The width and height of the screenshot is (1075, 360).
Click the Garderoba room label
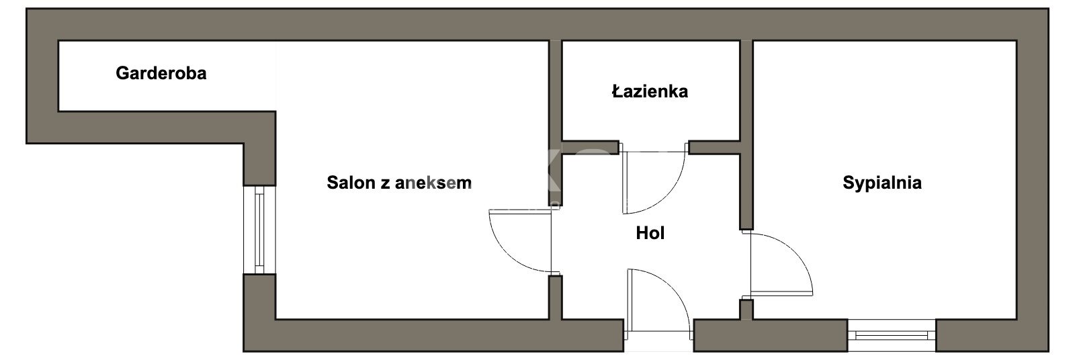161,73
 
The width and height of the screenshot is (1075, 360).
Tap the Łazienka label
650,91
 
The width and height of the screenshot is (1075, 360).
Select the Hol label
650,233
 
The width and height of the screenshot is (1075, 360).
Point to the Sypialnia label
882,183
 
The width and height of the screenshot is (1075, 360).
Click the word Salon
350,183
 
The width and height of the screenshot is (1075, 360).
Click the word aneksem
433,183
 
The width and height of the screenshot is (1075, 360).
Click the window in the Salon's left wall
259,230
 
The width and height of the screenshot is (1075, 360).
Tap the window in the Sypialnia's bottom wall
892,335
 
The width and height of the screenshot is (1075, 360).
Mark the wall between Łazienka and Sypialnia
746,134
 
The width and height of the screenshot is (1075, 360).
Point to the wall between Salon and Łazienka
555,123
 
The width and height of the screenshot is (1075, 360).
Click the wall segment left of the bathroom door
590,147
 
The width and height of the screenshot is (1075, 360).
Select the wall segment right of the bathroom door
715,147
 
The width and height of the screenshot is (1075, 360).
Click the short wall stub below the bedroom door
746,310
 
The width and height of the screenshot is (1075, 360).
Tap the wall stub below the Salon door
555,298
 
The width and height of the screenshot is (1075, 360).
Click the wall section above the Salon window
259,149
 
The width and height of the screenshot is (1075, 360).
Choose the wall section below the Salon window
259,312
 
